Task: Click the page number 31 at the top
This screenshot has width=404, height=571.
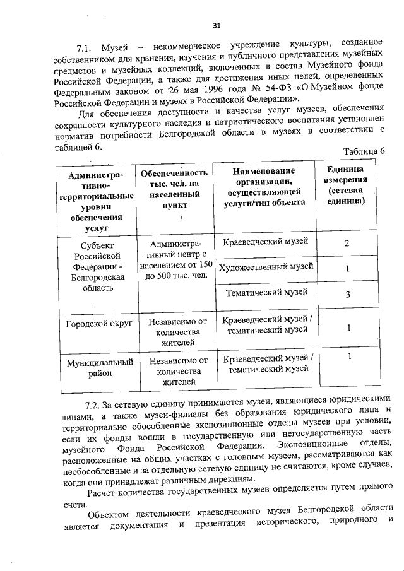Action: click(x=216, y=25)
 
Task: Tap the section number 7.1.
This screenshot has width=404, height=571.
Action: click(x=85, y=49)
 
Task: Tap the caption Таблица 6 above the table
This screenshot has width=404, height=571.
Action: click(x=364, y=151)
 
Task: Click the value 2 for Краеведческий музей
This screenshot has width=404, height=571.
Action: click(x=347, y=244)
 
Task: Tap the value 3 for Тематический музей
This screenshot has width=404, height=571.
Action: click(x=347, y=294)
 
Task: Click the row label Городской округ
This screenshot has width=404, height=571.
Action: click(x=98, y=324)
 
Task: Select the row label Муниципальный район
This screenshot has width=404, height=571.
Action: click(x=98, y=368)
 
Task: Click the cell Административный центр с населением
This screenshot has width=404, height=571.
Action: click(x=174, y=260)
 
